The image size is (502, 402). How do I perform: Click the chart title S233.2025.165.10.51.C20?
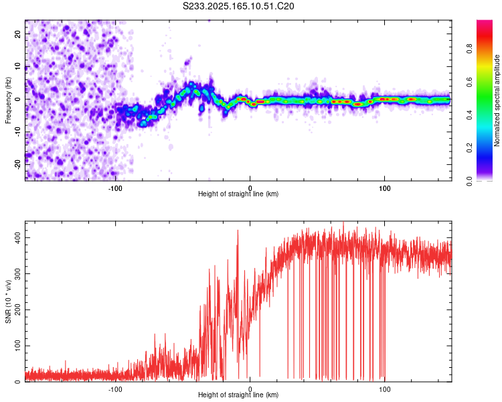(x=238, y=6)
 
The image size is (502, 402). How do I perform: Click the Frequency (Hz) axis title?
(x=8, y=100)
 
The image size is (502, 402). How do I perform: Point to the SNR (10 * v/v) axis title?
(x=8, y=301)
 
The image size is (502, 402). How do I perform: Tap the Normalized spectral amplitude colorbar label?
(x=497, y=100)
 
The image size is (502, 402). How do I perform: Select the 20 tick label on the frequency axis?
(x=18, y=33)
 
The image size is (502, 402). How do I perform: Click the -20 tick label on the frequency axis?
(x=18, y=164)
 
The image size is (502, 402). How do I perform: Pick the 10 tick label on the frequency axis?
(x=18, y=66)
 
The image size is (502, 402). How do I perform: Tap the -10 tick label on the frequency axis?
(x=18, y=131)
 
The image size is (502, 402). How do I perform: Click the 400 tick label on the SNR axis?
(x=18, y=238)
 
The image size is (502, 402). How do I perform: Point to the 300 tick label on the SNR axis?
(x=18, y=274)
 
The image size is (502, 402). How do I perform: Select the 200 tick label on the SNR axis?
(x=18, y=310)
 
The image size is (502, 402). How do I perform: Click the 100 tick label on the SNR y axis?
(x=18, y=346)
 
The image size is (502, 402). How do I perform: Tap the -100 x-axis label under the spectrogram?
(x=115, y=188)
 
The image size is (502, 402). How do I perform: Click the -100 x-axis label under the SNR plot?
(x=115, y=389)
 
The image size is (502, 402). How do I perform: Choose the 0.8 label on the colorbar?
(x=469, y=49)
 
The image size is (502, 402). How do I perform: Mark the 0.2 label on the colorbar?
(x=469, y=148)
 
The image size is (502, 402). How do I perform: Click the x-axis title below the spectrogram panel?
(x=238, y=194)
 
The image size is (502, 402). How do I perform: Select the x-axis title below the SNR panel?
(x=238, y=395)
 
